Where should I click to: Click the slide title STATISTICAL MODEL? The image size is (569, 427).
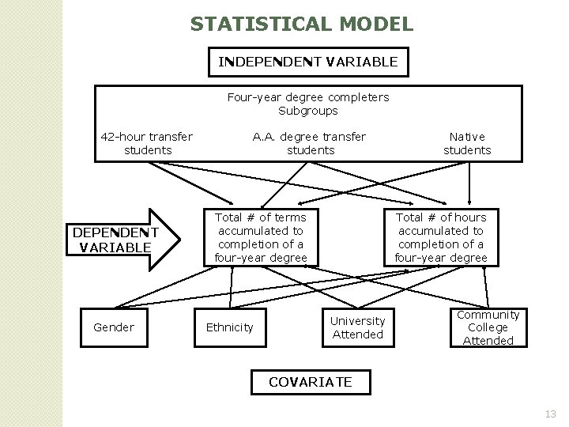pyautogui.click(x=301, y=25)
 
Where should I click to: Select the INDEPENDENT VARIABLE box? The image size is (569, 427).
pyautogui.click(x=308, y=61)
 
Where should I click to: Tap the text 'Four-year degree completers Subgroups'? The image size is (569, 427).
pyautogui.click(x=308, y=104)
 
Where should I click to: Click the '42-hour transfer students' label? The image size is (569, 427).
pyautogui.click(x=147, y=143)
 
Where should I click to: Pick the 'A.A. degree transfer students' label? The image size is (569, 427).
pyautogui.click(x=310, y=143)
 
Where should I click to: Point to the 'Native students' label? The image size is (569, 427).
pyautogui.click(x=467, y=143)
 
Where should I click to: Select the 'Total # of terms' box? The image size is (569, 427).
pyautogui.click(x=261, y=237)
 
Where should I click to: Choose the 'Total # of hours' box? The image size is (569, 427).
pyautogui.click(x=441, y=237)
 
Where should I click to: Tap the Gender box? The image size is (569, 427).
pyautogui.click(x=113, y=327)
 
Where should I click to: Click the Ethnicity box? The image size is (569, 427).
pyautogui.click(x=230, y=327)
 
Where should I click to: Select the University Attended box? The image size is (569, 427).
pyautogui.click(x=357, y=327)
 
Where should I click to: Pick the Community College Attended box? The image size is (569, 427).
pyautogui.click(x=488, y=327)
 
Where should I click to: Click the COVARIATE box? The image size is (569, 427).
pyautogui.click(x=310, y=382)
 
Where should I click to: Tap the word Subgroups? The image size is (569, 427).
pyautogui.click(x=308, y=111)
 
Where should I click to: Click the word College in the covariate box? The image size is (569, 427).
pyautogui.click(x=488, y=327)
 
